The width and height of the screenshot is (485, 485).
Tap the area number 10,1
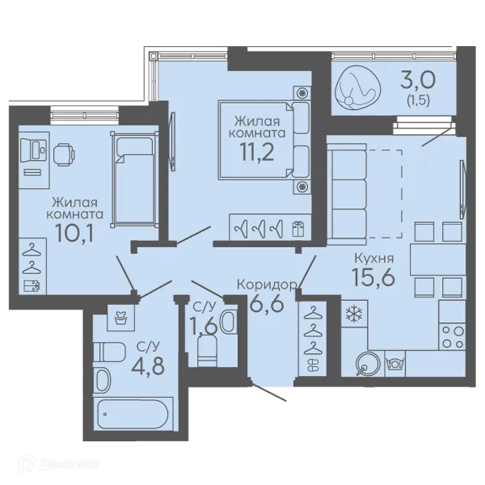coord(74,233)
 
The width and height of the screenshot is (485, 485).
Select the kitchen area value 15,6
coord(373,276)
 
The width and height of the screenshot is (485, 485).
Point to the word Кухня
coord(374,258)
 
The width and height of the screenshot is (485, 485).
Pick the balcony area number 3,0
coord(418,79)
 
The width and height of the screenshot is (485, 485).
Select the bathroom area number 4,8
coord(148,366)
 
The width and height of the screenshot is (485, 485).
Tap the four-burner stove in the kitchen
coord(452,337)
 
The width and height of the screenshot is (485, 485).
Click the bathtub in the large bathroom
coord(133,414)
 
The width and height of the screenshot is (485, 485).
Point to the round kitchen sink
coord(368,364)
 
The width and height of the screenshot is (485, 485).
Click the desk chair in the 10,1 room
coord(64,154)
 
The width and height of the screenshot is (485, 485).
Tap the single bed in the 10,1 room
coord(135,179)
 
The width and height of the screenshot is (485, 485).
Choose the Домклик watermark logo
coord(60,464)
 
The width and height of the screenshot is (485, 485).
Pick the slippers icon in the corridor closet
coord(313,365)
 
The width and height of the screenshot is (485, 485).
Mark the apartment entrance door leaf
coord(268,392)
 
